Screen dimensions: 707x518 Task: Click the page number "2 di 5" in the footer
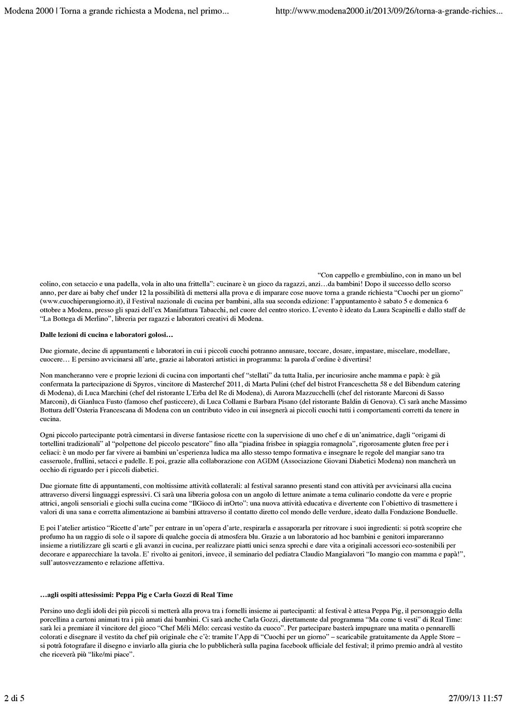(x=15, y=698)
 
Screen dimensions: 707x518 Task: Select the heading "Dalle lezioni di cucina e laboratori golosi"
(x=106, y=336)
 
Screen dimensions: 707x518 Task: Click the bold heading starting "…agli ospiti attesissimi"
(x=140, y=595)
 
